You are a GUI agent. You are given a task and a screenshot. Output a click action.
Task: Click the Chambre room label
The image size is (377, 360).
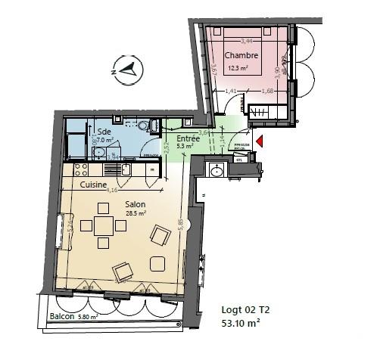click(x=243, y=55)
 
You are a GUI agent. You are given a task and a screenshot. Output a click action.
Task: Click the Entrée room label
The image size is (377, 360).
click(x=188, y=140)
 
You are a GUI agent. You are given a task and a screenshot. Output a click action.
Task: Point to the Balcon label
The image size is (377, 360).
click(x=62, y=316)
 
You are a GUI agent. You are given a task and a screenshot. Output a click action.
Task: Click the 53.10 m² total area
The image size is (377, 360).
click(x=241, y=323)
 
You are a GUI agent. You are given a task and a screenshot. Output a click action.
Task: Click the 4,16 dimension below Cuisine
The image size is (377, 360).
click(x=113, y=191)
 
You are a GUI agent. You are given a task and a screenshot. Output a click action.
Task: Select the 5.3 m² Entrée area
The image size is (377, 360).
click(x=185, y=148)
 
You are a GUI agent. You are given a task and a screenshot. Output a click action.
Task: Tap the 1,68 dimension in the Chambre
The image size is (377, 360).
click(x=268, y=92)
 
